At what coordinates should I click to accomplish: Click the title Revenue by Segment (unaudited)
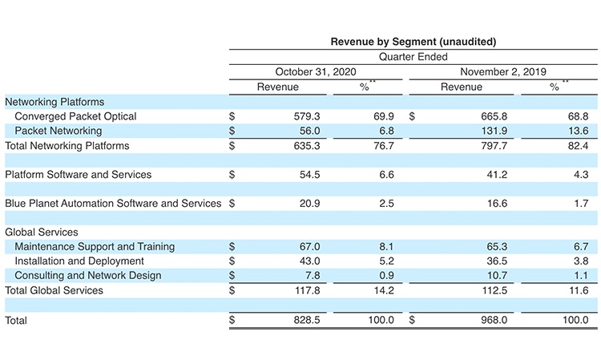413,42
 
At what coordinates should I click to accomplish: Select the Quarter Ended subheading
413,57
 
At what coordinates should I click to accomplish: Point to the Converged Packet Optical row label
75,116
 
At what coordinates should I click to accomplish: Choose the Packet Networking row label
58,131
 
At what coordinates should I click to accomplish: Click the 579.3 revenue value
306,116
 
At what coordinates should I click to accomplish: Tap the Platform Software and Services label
79,174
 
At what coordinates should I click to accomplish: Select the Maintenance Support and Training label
95,246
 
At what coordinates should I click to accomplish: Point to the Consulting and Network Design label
88,275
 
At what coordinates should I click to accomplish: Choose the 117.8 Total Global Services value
306,290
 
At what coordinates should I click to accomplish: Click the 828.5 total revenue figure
306,320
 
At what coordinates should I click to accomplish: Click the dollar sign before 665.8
413,116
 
